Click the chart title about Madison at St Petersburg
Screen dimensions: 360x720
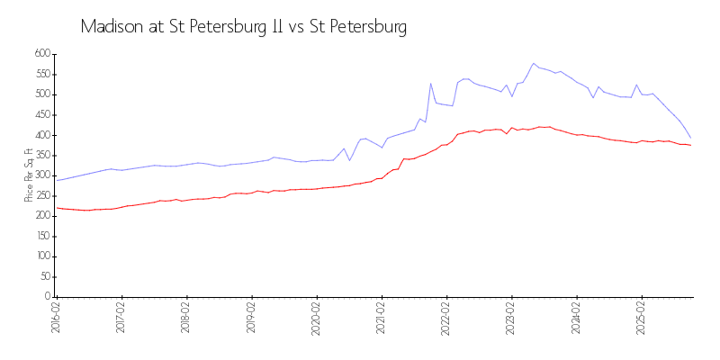(243, 27)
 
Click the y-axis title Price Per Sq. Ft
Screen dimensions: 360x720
(28, 175)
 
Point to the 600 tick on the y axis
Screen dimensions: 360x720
(41, 54)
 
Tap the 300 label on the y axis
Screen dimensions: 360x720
(41, 175)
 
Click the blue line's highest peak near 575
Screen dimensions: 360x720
(534, 63)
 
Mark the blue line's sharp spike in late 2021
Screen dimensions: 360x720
(430, 84)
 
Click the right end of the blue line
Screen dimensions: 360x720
(690, 138)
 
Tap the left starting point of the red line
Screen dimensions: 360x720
(57, 208)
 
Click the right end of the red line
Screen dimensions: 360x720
(690, 145)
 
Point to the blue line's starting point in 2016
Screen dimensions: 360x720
(57, 181)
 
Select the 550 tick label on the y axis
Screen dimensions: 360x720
(41, 74)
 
